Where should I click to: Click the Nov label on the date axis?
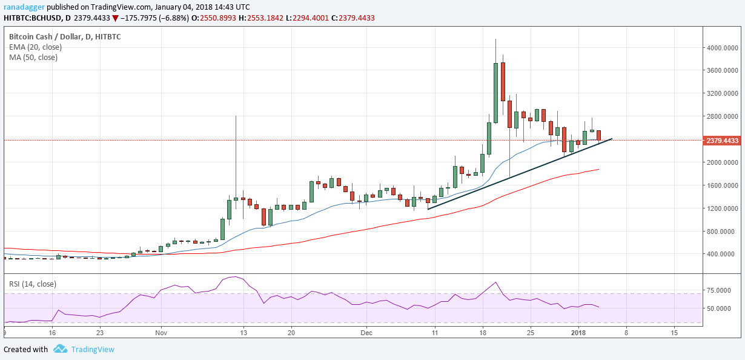point(161,333)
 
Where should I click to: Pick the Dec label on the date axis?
point(366,333)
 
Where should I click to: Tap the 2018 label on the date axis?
point(578,333)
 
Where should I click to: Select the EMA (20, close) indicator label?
point(35,47)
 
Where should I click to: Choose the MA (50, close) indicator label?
point(33,58)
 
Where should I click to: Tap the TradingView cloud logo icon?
point(60,349)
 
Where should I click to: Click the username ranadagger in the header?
point(25,6)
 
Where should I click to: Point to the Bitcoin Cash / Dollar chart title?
point(47,37)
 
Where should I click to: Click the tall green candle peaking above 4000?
point(495,91)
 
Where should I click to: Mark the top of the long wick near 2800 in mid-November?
point(236,116)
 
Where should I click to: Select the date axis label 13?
point(243,333)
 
